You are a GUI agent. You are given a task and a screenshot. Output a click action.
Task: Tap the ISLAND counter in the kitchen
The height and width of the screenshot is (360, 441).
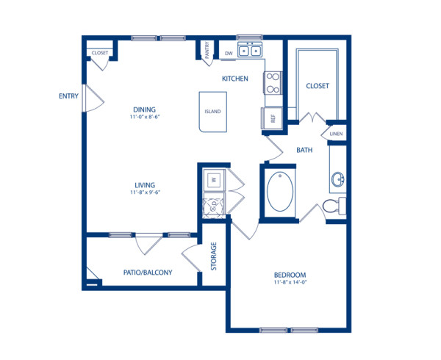point(212,112)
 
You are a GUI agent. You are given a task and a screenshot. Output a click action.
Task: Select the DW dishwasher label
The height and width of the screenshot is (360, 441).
point(229,53)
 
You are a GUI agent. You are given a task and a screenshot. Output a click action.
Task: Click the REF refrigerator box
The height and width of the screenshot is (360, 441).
point(270,118)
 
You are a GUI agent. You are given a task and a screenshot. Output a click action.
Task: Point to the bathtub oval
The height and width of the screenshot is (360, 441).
point(279,192)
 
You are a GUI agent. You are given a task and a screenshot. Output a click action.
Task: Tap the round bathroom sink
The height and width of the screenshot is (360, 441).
point(338,179)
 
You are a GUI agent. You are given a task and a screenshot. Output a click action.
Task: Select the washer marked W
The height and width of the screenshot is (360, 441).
point(213,179)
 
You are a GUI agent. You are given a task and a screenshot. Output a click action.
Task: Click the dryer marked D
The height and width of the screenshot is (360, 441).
point(213,206)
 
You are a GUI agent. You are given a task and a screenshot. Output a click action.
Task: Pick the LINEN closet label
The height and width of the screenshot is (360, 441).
point(336,134)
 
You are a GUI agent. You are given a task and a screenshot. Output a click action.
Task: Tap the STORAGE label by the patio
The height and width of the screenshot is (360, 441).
point(213,256)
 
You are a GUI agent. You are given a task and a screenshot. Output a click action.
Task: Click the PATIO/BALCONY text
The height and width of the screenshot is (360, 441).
point(148,273)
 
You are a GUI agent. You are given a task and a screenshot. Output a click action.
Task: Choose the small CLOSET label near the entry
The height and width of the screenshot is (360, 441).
point(100,54)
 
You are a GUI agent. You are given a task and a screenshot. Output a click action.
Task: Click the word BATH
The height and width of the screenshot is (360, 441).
point(305,150)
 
